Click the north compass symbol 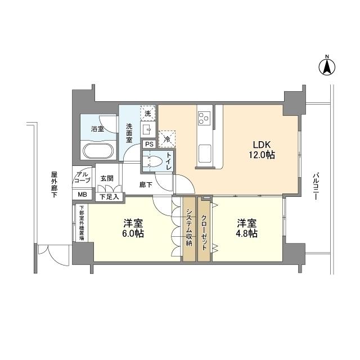tap(326, 66)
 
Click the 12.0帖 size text tap(262, 155)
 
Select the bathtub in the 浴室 tap(98, 151)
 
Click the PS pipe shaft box tap(149, 144)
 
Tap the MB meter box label tap(82, 195)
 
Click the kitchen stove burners tap(203, 118)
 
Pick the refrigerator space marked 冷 tap(166, 137)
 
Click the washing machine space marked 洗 tap(147, 112)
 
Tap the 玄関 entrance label tap(107, 178)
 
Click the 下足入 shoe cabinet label tap(109, 197)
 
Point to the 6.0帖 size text tap(133, 233)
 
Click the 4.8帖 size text tap(247, 233)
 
